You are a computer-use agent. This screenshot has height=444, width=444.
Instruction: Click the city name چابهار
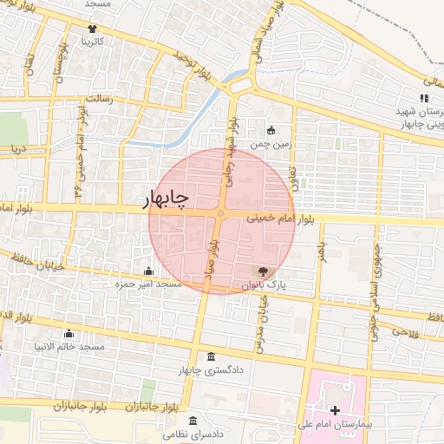[x=165, y=200]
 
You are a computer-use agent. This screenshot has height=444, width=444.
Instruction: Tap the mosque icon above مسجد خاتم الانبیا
[x=69, y=334]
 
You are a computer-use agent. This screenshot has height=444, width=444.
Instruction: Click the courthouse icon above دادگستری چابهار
[x=212, y=358]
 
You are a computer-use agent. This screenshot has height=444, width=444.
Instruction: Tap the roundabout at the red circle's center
[x=221, y=213]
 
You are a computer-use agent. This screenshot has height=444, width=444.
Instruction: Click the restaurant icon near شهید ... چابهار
[x=424, y=98]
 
